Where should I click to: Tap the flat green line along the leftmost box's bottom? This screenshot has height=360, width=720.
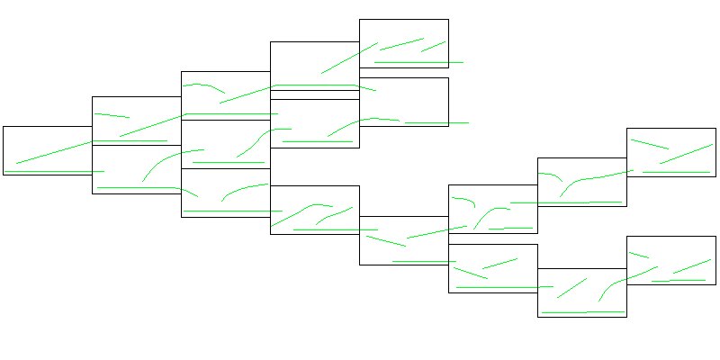pos(54,171)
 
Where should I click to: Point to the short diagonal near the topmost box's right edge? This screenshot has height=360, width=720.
pos(433,46)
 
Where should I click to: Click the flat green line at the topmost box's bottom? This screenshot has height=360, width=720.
pos(418,62)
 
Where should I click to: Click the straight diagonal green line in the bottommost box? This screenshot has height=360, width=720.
pos(571,288)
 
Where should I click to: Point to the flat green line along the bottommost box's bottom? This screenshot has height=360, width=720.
pos(583,312)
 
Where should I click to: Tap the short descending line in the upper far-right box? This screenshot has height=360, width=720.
pos(649,144)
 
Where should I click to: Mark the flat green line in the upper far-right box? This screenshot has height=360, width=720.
pos(676,171)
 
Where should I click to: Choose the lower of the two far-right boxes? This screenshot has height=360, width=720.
pos(670,247)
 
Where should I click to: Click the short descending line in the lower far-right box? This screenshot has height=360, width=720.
pos(639,256)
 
